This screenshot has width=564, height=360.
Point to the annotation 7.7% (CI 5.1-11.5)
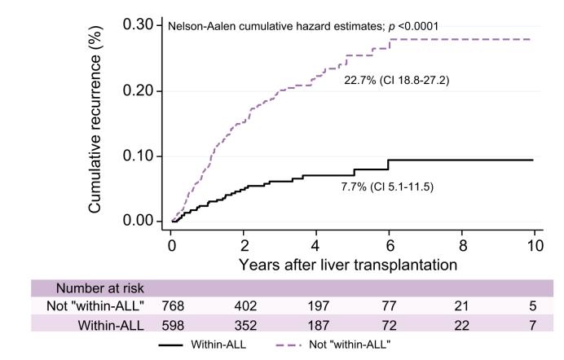pos(386,187)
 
